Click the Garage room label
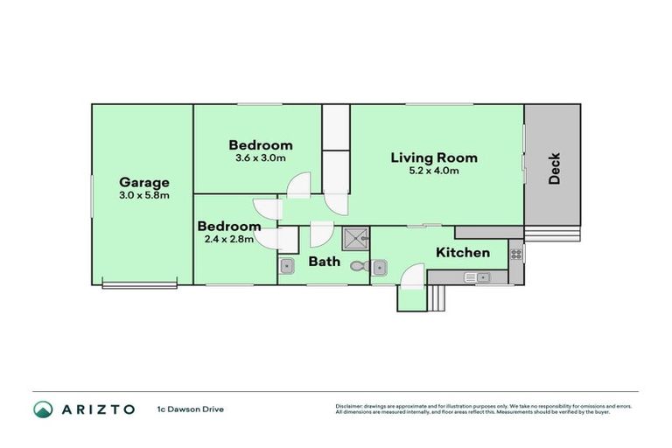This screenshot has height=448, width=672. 143,182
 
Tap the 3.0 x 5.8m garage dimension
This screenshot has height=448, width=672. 143,195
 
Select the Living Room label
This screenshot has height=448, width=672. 434,157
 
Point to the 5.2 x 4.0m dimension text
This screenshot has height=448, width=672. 434,171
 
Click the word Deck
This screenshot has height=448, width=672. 554,169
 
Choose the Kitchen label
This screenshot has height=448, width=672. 463,253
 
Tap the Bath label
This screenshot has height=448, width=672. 324,262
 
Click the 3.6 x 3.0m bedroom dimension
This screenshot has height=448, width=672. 261,158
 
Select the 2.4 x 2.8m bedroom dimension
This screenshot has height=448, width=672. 227,239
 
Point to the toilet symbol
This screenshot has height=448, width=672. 358,266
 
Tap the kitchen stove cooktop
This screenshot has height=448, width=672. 516,254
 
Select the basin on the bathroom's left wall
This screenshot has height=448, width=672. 286,266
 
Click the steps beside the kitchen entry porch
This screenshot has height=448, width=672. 438,298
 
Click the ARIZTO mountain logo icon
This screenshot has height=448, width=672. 42,409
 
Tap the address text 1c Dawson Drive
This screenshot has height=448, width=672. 191,409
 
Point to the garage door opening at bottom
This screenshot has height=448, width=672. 140,283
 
